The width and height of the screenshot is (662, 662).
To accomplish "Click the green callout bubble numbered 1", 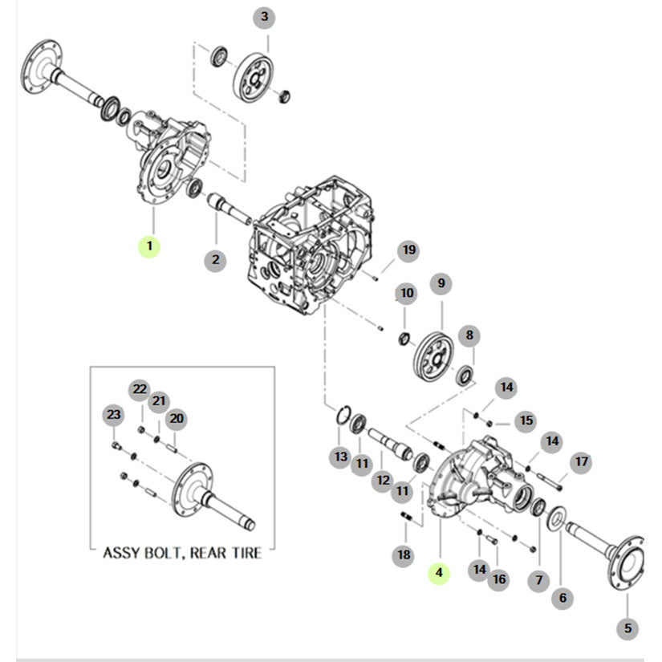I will pos(148,246).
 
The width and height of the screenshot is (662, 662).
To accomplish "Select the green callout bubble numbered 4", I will pos(438,572).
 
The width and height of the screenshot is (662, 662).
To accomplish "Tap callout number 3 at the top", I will pos(263,17).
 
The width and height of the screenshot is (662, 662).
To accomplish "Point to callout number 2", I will pos(215,259).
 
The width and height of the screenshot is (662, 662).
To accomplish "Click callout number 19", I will pos(408,251).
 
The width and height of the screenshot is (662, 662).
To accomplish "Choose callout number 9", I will pos(441,283).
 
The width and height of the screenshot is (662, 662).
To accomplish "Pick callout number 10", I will pos(407,293).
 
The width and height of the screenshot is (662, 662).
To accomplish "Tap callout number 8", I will pos(470,335).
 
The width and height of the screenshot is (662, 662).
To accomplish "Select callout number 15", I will pos(526,420).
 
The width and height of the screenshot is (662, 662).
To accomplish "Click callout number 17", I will pos(581,461).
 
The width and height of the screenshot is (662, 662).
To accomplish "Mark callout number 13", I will pos(341,457).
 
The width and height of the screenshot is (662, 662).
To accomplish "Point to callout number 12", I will pos(382,481).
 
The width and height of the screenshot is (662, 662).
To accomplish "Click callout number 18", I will pos(404,554).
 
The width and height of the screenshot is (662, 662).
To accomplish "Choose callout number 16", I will pos(499,579).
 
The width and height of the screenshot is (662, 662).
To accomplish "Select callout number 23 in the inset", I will pos(113,414).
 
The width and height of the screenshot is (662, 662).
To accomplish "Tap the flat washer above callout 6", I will pos(554,521).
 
